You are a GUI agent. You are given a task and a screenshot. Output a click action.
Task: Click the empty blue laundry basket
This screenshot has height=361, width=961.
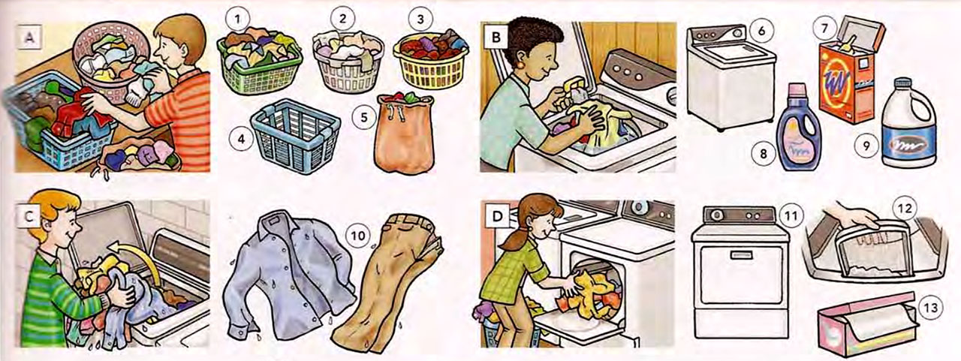294,135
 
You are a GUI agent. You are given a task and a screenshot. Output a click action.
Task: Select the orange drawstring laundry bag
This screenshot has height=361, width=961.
405,135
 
